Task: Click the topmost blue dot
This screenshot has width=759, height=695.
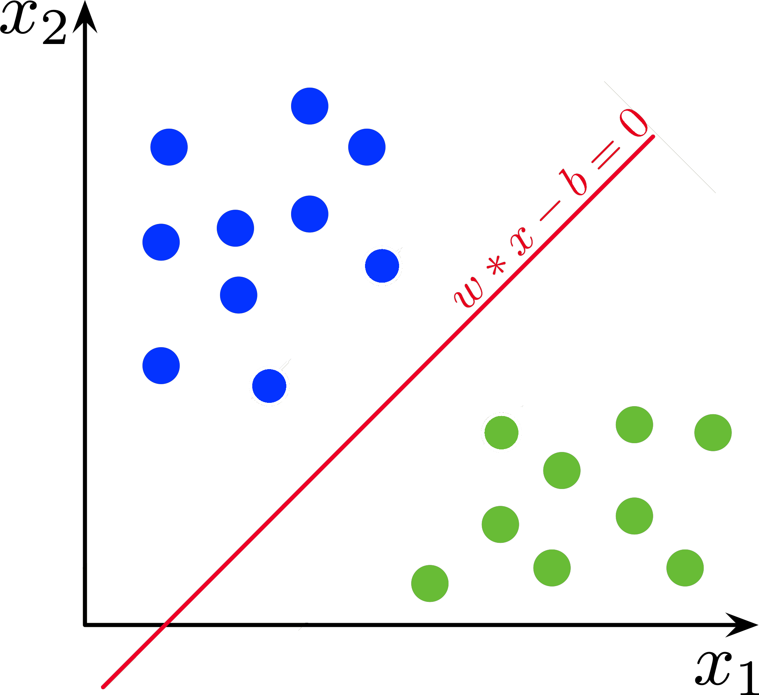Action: click(x=309, y=106)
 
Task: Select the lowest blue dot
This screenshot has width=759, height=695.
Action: click(x=269, y=386)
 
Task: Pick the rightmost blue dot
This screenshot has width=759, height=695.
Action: click(x=382, y=266)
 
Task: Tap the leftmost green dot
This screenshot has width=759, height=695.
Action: click(x=429, y=584)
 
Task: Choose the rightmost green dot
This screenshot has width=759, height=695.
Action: click(x=713, y=433)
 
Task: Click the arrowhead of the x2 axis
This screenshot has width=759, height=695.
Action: click(x=85, y=17)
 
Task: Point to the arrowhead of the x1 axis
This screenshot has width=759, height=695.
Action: click(x=741, y=625)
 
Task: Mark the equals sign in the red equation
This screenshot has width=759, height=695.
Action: click(x=606, y=155)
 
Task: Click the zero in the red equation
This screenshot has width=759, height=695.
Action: click(x=633, y=123)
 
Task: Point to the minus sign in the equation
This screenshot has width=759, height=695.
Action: click(x=550, y=211)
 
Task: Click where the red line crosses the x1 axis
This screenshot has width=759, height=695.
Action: click(x=164, y=625)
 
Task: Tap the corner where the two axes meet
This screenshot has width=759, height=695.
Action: click(x=85, y=625)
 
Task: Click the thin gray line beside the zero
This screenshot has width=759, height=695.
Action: click(x=660, y=137)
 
